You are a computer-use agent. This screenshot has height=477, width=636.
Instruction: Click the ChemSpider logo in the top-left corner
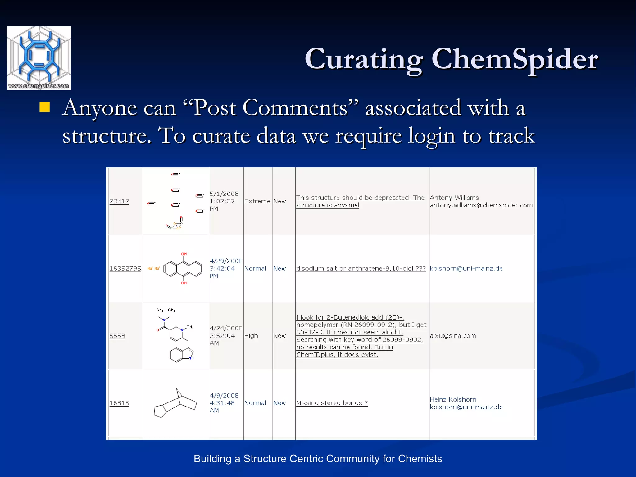pos(39,58)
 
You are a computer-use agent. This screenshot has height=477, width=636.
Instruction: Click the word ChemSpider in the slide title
pos(515,59)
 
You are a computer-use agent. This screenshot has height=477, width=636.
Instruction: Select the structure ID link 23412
pos(119,201)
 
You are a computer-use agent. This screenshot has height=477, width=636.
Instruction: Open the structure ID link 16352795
pos(125,269)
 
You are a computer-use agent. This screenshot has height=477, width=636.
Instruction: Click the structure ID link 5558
pos(117,336)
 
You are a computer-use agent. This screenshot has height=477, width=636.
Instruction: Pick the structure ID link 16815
pos(119,403)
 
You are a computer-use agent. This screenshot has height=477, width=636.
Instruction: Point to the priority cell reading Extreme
pos(257,201)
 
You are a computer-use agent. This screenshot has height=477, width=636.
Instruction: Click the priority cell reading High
pos(251,336)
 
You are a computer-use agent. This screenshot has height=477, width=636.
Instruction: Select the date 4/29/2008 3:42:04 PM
pos(226,269)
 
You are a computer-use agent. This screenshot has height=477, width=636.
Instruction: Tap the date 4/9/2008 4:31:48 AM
pos(224,403)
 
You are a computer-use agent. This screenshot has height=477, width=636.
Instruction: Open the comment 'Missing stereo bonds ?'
pos(332,403)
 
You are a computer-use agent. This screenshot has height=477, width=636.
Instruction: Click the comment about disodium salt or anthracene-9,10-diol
pos(361,269)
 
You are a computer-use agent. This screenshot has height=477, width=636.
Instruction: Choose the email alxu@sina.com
pos(453,336)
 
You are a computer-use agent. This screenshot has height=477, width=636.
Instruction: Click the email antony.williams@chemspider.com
pos(481,205)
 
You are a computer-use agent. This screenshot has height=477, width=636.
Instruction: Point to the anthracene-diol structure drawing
pos(183,269)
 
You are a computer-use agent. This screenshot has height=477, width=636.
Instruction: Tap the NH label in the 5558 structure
pos(191,358)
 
